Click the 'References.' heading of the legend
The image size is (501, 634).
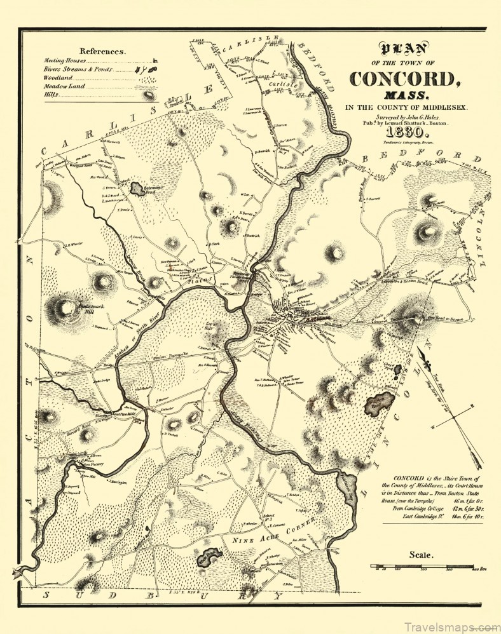coord(102,51)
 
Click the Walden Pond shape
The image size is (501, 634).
coord(380,401)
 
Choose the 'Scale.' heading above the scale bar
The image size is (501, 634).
coord(420,554)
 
